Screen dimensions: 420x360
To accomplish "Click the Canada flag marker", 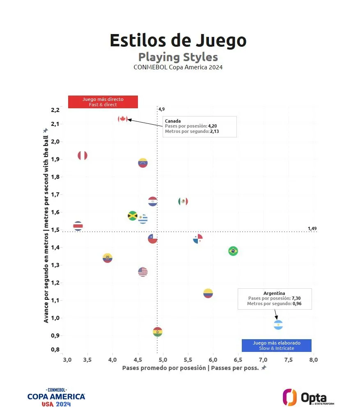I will coord(122,119).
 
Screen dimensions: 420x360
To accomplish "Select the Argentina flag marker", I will coord(278,325).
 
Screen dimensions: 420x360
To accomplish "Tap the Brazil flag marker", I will coord(233,251).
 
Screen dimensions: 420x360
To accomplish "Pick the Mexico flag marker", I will coord(183,201).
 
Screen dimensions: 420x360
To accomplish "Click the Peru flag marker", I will coord(83,155).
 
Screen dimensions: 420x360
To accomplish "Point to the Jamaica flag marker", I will coord(132,216).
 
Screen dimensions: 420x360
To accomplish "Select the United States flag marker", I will coord(142,272).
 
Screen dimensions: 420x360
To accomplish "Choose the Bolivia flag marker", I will coord(157,332).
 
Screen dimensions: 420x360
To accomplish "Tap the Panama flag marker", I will coord(198,239).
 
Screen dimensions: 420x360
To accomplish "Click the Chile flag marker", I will coord(153,239).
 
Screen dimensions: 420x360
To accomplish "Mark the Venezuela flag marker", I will coord(142,162).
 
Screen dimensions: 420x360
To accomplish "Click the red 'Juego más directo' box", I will coord(103,102).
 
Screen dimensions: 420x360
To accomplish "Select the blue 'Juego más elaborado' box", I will coord(276,345).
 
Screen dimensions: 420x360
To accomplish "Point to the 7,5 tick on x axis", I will coord(289,360).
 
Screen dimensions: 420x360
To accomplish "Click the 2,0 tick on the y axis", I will coord(55,142).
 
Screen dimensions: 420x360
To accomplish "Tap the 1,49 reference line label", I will coord(312,228).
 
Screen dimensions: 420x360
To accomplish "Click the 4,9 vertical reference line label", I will coord(161,109).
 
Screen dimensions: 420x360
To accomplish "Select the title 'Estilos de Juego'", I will coord(178,41).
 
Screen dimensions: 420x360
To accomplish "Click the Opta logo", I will coord(308,397).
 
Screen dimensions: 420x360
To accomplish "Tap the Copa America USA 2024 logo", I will coord(56,397).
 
